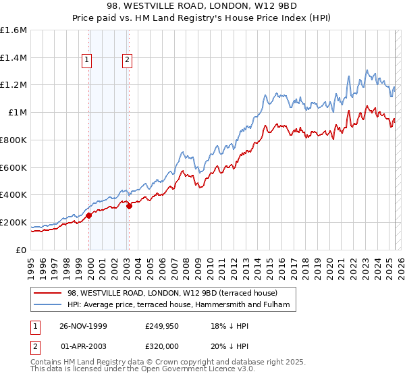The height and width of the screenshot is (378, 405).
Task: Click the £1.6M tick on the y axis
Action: (x=13, y=30)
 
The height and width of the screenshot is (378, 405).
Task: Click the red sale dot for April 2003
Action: (x=129, y=206)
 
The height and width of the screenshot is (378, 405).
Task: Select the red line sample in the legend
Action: (x=47, y=293)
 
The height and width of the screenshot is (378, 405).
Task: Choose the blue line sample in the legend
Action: (x=47, y=305)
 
